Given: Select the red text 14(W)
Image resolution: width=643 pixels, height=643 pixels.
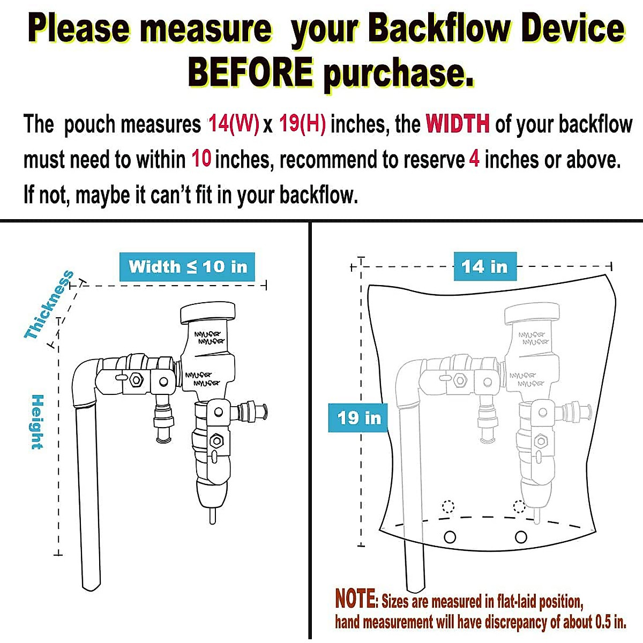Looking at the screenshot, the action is point(233,124).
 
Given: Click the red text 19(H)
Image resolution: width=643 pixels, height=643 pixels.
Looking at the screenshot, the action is point(302,124).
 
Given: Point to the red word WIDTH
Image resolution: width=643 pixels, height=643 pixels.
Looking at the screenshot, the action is point(458,124).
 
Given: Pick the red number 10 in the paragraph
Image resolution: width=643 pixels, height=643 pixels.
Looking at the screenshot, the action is point(201,160).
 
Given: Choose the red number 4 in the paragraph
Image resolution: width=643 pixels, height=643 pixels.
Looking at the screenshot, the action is point(474,160).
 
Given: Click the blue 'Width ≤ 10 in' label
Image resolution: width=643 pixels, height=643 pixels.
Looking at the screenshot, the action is point(188,266).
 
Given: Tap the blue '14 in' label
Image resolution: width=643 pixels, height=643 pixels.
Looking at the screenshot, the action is point(484,266).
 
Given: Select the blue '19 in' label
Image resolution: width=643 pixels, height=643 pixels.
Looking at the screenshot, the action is point(358,417).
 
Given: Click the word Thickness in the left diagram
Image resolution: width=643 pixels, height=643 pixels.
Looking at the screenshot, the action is point(49,305).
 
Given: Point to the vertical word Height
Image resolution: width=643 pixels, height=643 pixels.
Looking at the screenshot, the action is point(37,422).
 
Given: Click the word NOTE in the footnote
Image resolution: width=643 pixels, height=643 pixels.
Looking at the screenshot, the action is point(356,599).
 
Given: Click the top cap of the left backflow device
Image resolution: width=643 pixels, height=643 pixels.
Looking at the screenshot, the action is point(208,313).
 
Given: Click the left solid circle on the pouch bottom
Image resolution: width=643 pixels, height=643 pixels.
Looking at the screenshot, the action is point(450,536).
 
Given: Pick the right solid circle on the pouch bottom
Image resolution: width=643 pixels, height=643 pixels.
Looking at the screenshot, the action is point(520,536).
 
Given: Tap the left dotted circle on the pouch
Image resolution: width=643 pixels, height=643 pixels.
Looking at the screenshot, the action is point(448,506).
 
